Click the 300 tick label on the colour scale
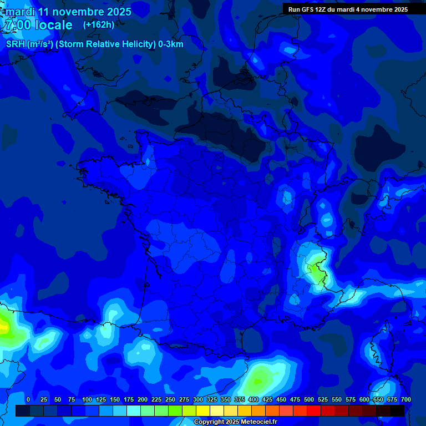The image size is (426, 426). coord(198,399)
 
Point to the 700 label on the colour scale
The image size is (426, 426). coord(405,399)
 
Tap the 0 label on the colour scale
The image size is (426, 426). coord(28,399)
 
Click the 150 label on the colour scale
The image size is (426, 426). coord(115,399)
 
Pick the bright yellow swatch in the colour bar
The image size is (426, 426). coord(203,410)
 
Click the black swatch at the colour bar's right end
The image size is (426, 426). coord(397,410)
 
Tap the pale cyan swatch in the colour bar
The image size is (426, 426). coord(134,410)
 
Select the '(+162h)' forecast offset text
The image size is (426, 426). coord(99,24)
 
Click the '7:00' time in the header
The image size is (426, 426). coord(17,25)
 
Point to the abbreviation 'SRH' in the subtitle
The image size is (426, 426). coord(16,44)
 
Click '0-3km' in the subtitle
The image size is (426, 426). coord(171,44)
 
